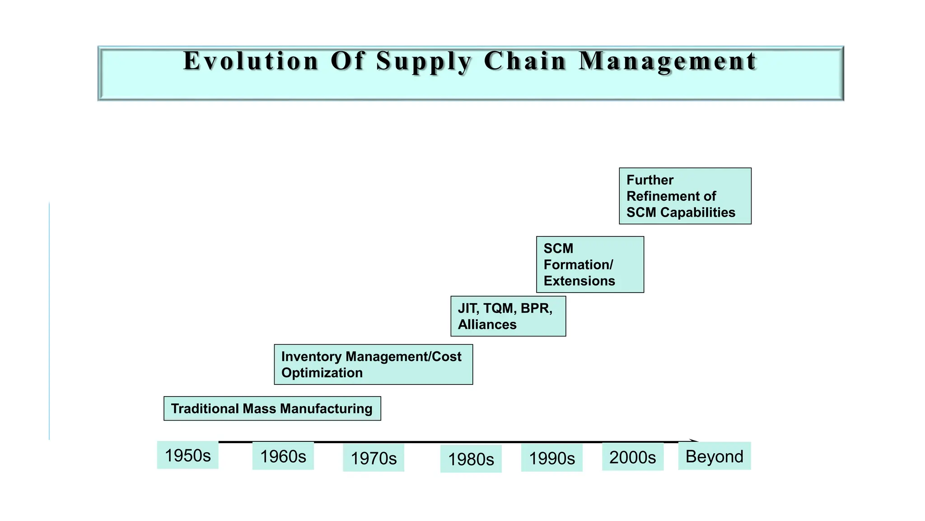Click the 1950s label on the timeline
[187, 455]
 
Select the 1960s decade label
[283, 456]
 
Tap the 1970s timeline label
[374, 458]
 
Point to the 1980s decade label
[471, 459]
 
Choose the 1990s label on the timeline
[551, 458]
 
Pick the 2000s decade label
[632, 457]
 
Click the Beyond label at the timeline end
[714, 456]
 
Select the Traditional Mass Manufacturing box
[272, 408]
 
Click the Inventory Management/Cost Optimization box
[373, 365]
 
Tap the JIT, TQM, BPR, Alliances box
[508, 316]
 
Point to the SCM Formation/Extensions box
[589, 265]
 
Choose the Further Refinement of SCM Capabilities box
[685, 196]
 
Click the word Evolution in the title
[251, 61]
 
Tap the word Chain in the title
[525, 61]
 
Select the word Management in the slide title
[668, 61]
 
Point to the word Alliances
[487, 324]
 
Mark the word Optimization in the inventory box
[322, 373]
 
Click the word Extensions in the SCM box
[579, 281]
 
